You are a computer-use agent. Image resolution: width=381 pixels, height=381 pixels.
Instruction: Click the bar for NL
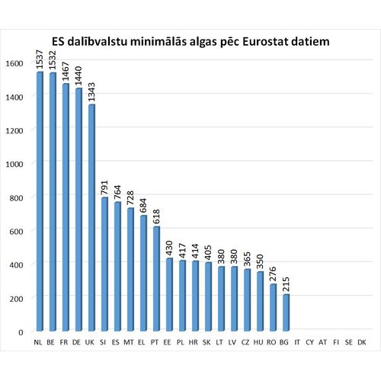(x=40, y=202)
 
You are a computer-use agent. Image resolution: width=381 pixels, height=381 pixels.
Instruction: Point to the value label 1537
(x=40, y=58)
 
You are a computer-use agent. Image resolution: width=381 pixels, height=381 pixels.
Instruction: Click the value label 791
(x=104, y=187)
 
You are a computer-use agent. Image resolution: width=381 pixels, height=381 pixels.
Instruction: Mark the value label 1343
(x=91, y=91)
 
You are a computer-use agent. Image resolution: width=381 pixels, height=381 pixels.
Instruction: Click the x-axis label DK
(x=362, y=343)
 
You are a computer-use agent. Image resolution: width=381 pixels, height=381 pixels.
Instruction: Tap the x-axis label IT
(x=298, y=343)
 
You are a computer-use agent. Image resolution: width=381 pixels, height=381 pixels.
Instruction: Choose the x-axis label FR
(x=66, y=343)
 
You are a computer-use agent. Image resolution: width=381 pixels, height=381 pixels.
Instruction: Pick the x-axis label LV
(x=233, y=343)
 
